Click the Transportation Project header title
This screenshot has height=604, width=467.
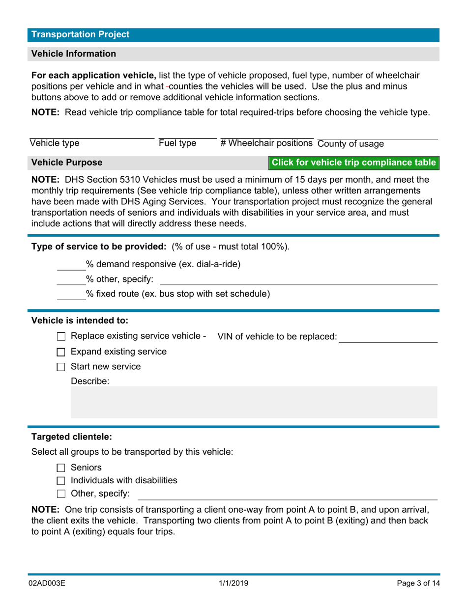[80, 34]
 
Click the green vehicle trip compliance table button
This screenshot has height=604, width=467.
[353, 163]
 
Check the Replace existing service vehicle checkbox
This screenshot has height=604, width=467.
[61, 337]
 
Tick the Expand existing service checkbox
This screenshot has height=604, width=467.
[61, 352]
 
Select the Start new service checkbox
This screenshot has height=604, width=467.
[61, 367]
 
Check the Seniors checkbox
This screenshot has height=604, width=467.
[61, 468]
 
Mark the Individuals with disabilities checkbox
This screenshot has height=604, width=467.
[61, 481]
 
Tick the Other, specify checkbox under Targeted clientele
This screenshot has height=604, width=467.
[61, 494]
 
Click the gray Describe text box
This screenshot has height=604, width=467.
[254, 402]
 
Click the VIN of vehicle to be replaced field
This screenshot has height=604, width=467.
[388, 337]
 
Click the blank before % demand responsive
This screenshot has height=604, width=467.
[71, 265]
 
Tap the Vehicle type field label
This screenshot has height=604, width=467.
[55, 143]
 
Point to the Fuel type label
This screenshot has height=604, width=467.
[177, 143]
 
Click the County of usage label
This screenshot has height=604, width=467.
[350, 144]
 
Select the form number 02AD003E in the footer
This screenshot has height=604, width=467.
[47, 583]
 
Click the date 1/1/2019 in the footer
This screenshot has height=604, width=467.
[233, 583]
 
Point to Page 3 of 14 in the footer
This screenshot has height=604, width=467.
[418, 583]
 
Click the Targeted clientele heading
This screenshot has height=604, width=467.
[72, 437]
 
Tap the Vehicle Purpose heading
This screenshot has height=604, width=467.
[67, 163]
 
